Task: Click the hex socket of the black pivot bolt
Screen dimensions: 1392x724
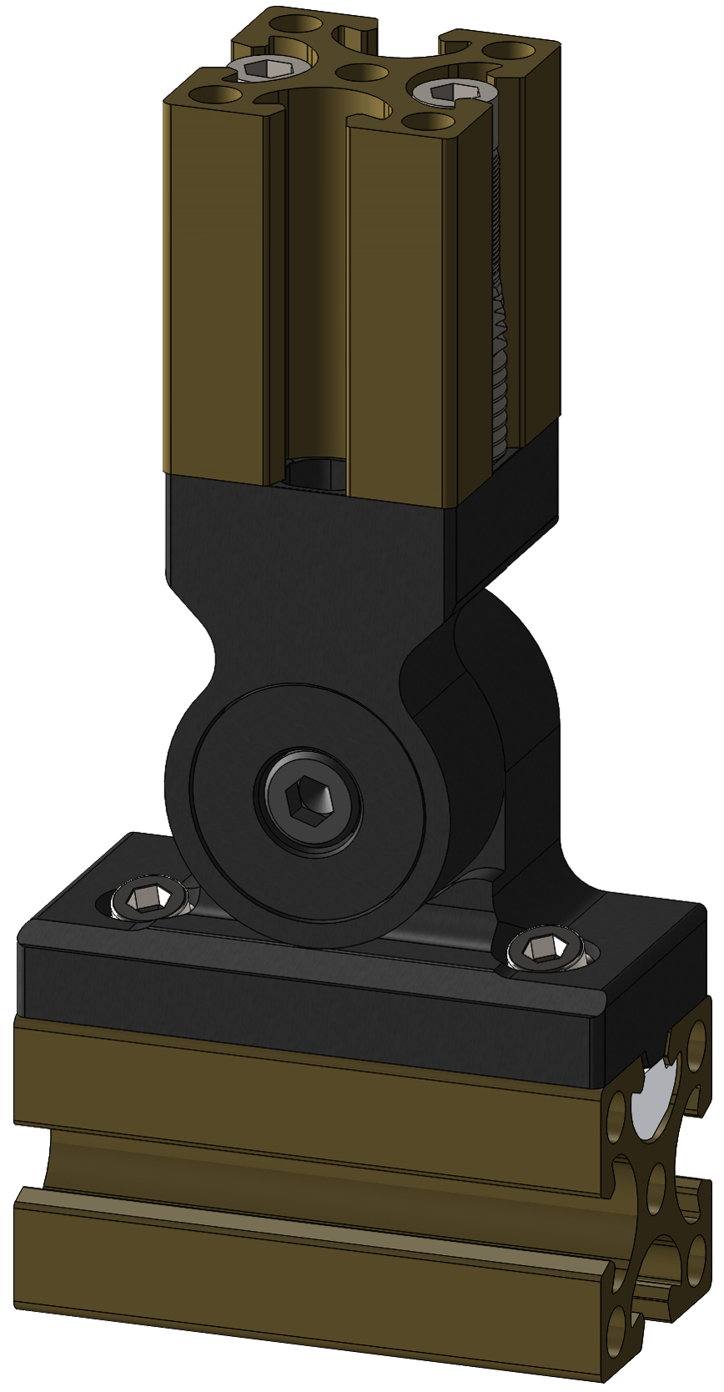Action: pyautogui.click(x=309, y=804)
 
